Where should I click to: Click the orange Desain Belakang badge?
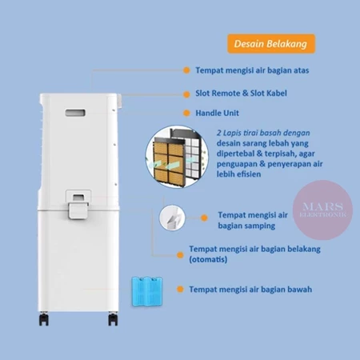click(271, 44)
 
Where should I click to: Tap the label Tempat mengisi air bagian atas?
click(252, 70)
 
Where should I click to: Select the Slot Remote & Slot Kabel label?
click(241, 94)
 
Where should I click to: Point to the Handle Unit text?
click(217, 113)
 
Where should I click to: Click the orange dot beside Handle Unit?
click(186, 113)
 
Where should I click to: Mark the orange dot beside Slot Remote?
click(186, 94)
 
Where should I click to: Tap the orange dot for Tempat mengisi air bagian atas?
click(186, 70)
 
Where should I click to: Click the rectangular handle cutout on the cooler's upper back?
click(75, 113)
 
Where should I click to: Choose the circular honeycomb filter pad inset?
click(177, 157)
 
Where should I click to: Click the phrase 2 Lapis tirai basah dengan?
click(263, 133)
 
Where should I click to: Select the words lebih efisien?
click(238, 174)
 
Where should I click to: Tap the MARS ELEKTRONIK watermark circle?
click(322, 210)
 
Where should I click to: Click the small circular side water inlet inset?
click(172, 218)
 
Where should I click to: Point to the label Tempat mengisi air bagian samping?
click(253, 220)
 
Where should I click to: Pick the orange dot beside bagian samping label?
click(204, 218)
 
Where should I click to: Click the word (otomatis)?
click(208, 259)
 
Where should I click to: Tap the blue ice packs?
click(147, 291)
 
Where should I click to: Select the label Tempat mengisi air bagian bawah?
click(250, 290)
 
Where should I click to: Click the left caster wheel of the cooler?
click(44, 319)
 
